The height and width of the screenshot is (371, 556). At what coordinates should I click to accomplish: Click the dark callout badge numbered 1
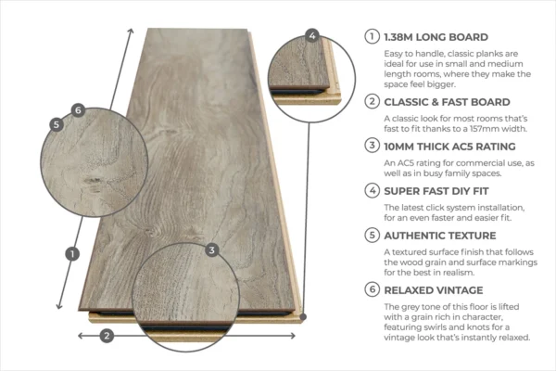coord(72,254)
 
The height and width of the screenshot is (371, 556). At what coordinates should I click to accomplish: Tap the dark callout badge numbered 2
coord(107,336)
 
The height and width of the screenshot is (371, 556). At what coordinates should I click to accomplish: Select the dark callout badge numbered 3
coord(211,250)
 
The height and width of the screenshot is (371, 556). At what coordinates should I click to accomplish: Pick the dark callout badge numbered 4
coord(312,35)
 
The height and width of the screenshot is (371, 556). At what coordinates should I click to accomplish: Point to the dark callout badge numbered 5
coord(57,124)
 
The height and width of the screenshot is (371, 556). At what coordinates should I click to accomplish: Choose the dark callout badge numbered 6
coord(78,110)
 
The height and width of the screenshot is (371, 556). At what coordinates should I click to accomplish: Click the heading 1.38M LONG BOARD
coord(436,37)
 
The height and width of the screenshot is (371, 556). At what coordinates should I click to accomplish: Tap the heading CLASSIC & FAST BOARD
coord(448,102)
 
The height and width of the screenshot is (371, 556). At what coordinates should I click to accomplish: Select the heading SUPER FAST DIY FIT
coord(436,191)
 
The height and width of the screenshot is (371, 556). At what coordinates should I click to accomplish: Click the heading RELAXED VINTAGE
coord(434,290)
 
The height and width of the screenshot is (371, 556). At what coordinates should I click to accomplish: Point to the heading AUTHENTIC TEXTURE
coord(440,236)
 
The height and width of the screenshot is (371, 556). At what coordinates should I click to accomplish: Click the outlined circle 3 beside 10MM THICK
coord(372,146)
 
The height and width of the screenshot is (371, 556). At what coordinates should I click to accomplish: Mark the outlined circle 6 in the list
coord(372,289)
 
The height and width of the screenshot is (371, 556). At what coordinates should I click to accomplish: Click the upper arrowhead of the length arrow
coord(131,32)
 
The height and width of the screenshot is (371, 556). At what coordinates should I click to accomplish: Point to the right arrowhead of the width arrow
coord(292,336)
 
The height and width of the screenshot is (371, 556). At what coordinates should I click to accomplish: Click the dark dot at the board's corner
coord(303,316)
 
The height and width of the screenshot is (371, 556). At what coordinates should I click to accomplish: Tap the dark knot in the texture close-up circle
coord(93,182)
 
